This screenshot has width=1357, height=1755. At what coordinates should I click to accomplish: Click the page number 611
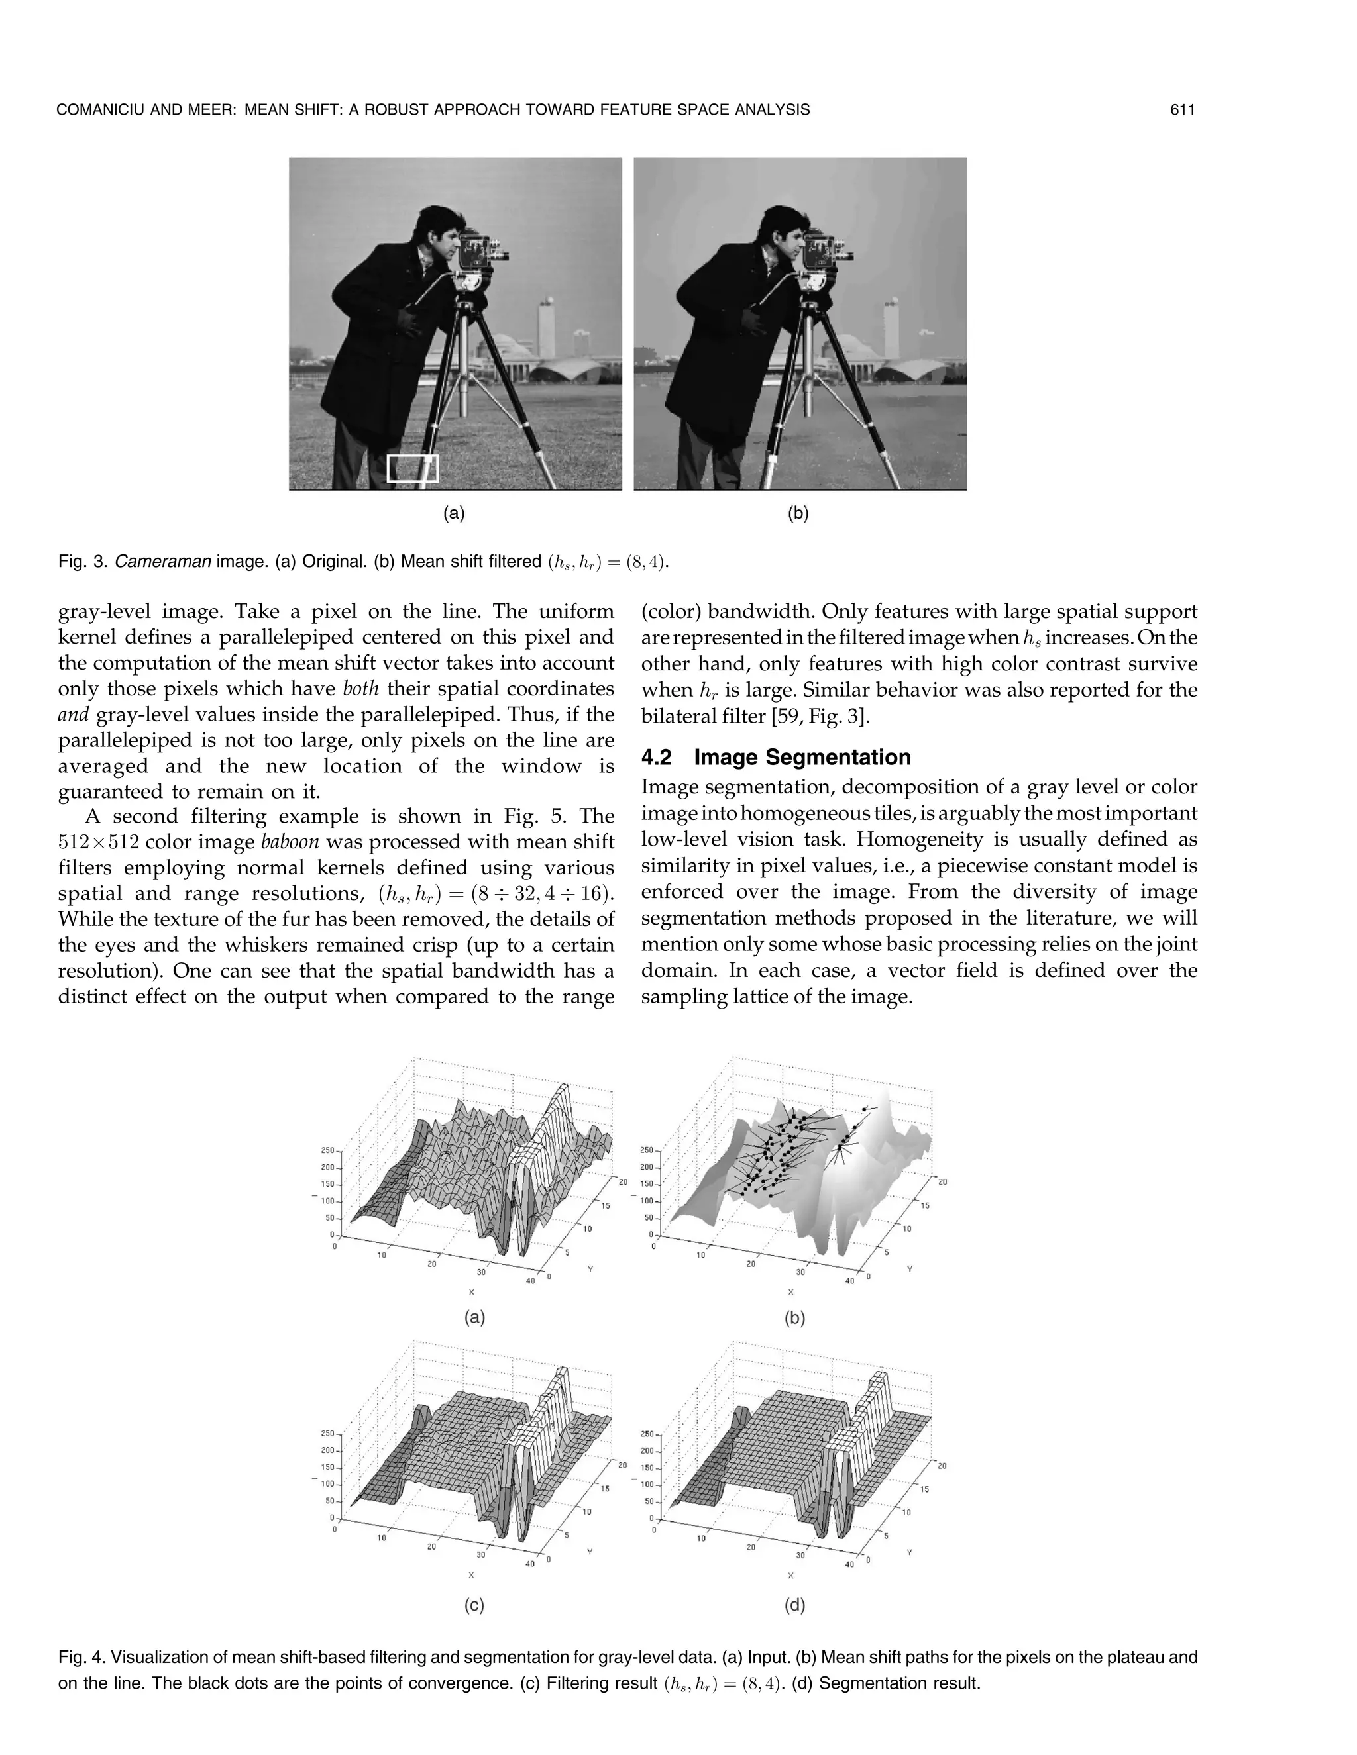pos(1183,110)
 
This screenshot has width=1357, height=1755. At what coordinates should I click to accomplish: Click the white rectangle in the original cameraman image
pos(412,468)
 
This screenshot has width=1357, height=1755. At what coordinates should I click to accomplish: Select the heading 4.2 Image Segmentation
pos(776,757)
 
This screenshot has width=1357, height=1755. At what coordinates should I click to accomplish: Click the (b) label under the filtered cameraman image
pos(798,513)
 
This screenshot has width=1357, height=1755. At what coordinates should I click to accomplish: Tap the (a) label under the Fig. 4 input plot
pos(474,1317)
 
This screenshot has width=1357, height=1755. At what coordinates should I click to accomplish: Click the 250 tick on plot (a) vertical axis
pos(328,1151)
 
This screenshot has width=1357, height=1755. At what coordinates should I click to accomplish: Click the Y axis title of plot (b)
pos(909,1269)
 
